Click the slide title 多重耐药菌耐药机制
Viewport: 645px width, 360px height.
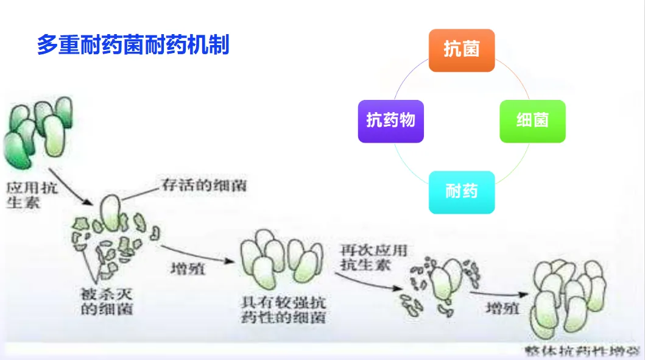pyautogui.click(x=133, y=45)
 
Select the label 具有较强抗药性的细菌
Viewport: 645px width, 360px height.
pyautogui.click(x=283, y=309)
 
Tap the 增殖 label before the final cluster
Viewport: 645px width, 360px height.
pyautogui.click(x=502, y=309)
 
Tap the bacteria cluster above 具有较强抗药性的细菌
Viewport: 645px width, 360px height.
pyautogui.click(x=281, y=259)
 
